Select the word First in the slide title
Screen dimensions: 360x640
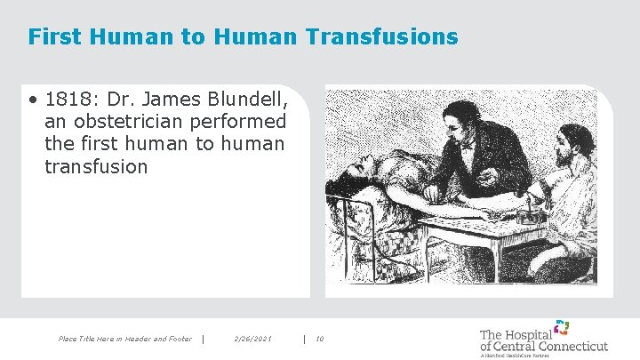(x=50, y=37)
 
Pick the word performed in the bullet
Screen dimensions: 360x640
(x=242, y=120)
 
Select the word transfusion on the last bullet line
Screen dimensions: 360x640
(x=95, y=166)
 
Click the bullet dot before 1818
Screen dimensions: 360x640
(x=32, y=97)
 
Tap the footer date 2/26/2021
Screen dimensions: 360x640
(x=252, y=338)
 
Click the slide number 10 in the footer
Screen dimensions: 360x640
(x=320, y=338)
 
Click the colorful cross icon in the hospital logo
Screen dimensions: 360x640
(x=561, y=326)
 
